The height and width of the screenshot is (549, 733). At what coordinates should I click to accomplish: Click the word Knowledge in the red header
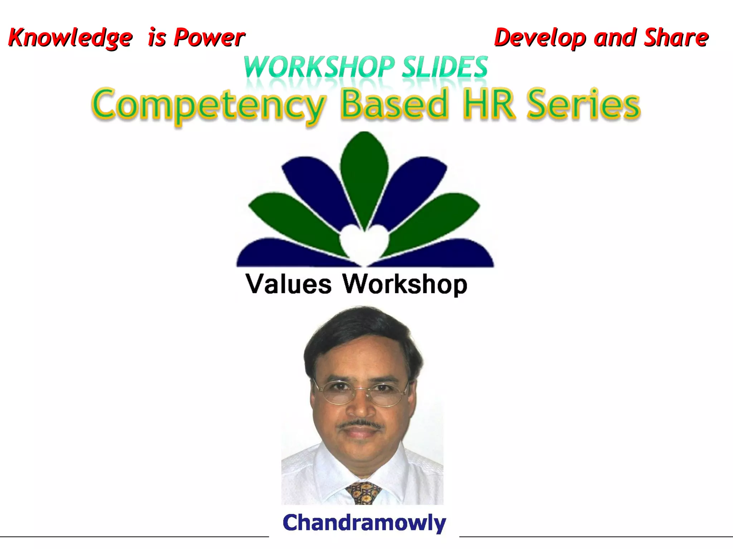[x=70, y=38]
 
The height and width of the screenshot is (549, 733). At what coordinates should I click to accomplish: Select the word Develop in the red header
[x=539, y=38]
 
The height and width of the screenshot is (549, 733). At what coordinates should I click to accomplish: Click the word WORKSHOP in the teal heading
[x=319, y=67]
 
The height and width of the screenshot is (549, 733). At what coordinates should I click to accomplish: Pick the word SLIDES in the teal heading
[x=445, y=67]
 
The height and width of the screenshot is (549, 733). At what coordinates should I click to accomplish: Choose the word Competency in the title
[x=209, y=105]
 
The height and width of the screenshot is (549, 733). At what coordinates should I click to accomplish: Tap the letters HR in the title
[x=489, y=104]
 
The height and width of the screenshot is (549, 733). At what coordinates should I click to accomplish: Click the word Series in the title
[x=584, y=104]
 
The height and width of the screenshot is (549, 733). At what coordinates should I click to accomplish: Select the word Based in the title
[x=394, y=104]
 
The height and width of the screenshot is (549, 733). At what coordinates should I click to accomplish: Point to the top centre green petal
[x=364, y=172]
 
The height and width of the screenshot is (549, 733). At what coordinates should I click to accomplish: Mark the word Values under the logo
[x=288, y=285]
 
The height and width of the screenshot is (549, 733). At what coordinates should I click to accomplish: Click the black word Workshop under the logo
[x=405, y=285]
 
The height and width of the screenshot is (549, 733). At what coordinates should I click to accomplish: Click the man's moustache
[x=360, y=424]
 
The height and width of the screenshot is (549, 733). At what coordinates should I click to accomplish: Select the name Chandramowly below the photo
[x=364, y=523]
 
